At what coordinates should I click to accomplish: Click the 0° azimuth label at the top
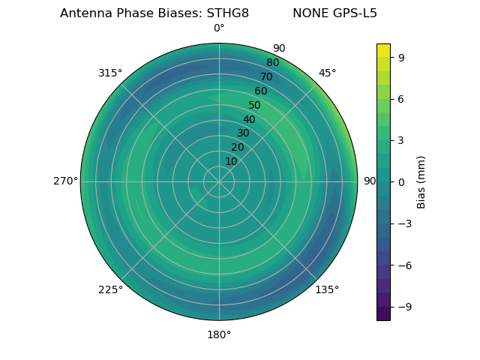tap(219, 28)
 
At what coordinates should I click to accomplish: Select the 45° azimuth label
tap(327, 73)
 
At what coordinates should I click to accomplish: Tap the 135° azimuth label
tap(327, 289)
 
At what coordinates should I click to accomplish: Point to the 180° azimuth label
tap(219, 334)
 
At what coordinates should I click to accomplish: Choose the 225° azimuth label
tap(110, 289)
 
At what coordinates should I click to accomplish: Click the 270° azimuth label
tap(65, 181)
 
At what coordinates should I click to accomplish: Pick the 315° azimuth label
tap(110, 73)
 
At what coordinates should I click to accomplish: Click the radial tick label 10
tap(231, 161)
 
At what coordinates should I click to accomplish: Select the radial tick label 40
tap(249, 119)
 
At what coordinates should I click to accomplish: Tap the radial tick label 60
tap(260, 91)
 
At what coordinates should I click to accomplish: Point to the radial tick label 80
tap(272, 63)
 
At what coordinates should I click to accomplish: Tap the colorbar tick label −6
tap(403, 265)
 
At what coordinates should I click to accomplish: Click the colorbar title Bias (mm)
tap(421, 181)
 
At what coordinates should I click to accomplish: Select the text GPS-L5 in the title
tap(358, 13)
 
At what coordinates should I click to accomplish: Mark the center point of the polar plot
tap(219, 181)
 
